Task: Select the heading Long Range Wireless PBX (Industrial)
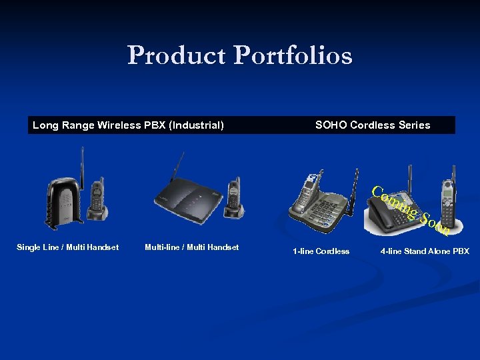click(128, 125)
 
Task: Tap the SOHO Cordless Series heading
click(373, 125)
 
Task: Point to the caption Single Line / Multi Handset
click(67, 247)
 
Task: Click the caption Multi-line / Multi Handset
click(191, 247)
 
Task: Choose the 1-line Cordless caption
click(321, 251)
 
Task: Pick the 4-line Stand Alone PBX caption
click(425, 251)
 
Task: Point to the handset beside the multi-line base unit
click(234, 197)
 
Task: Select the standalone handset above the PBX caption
click(447, 200)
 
